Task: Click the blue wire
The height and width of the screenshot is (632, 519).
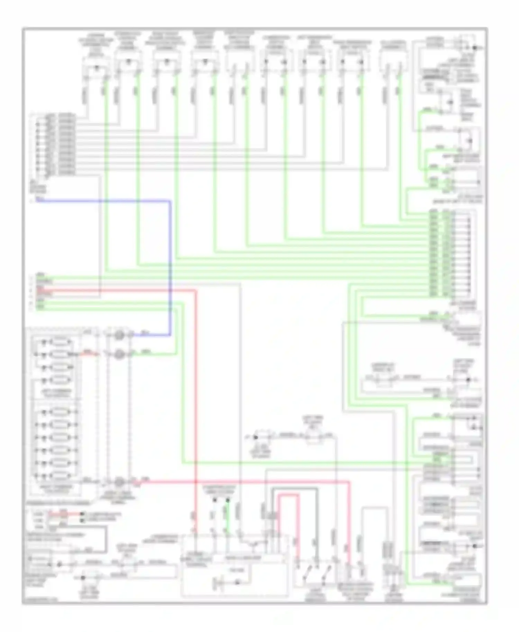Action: (x=170, y=263)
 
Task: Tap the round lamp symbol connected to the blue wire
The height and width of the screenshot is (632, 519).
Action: (x=119, y=335)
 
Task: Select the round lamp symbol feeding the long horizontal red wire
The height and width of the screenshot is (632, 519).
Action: (x=119, y=482)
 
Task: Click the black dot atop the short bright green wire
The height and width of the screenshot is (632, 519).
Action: (x=227, y=500)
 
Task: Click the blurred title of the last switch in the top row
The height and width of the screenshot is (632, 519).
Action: (x=393, y=45)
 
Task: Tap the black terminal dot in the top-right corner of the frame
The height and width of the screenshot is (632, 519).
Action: (x=475, y=48)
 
